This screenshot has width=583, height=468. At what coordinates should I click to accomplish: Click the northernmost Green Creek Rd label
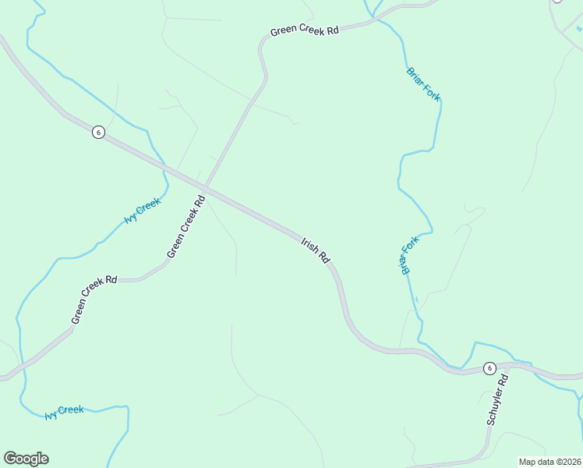[x=305, y=31]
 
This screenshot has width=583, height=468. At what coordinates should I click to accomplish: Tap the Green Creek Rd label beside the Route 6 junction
[x=186, y=227]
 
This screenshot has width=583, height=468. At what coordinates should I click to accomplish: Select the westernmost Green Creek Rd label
[x=94, y=300]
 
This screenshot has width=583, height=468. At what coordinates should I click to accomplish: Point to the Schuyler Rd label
[x=497, y=399]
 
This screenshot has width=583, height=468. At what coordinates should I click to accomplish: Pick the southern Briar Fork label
[x=410, y=254]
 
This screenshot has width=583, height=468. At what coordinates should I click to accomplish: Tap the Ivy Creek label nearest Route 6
[x=143, y=211]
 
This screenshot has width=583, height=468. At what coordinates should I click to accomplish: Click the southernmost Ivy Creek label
[x=65, y=409]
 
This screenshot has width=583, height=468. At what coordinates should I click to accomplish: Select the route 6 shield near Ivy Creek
[x=97, y=132]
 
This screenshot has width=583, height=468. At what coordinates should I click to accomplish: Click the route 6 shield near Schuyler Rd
[x=489, y=368]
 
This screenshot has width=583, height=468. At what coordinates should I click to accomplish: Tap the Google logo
[x=26, y=459]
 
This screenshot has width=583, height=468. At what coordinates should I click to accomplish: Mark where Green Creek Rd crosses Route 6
[x=203, y=188]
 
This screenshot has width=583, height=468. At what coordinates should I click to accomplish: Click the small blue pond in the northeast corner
[x=579, y=29]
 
